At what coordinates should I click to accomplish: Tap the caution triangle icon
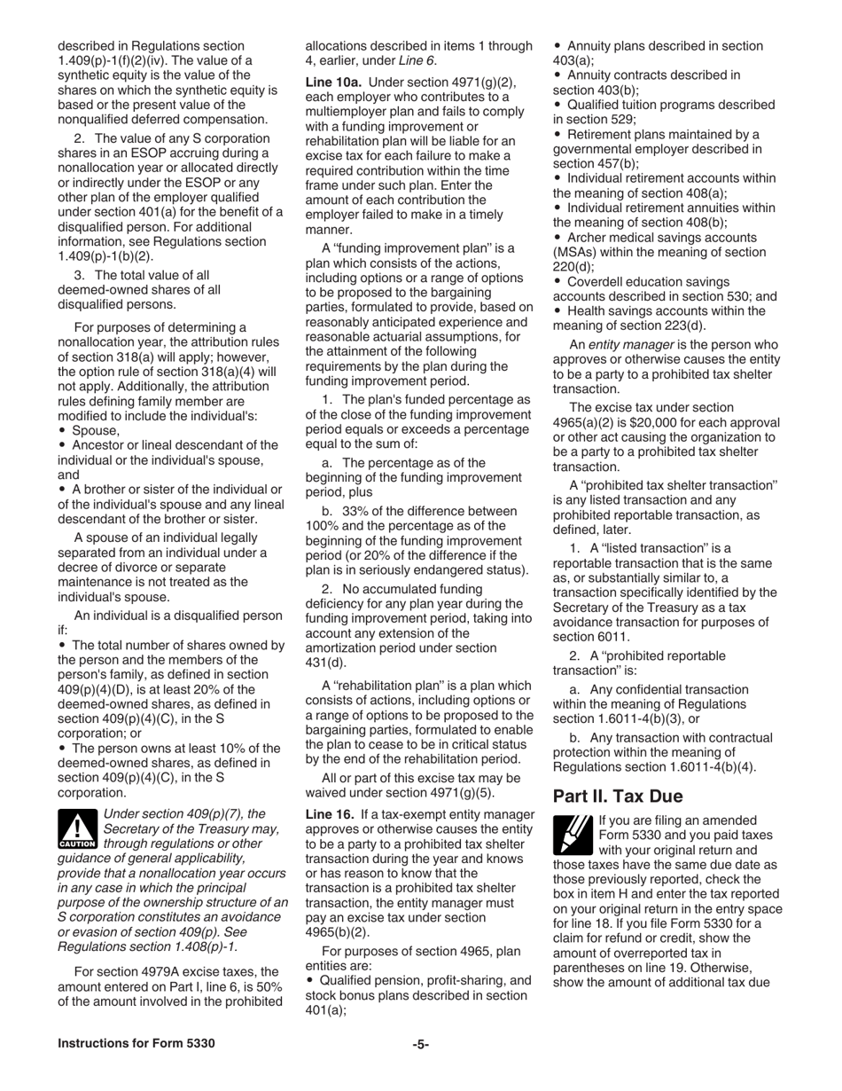click(x=77, y=830)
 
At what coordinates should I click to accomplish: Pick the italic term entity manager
click(x=636, y=344)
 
